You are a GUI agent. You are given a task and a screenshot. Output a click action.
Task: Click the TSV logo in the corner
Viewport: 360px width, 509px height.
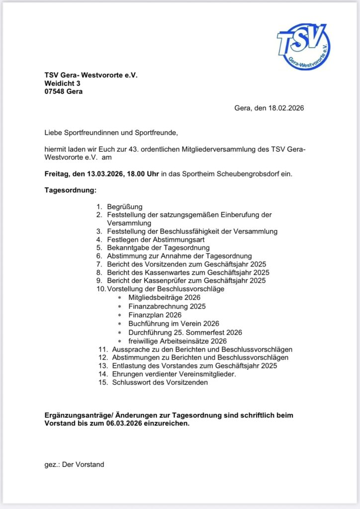pos(303,46)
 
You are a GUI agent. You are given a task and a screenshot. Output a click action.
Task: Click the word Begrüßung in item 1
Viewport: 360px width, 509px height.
pos(125,206)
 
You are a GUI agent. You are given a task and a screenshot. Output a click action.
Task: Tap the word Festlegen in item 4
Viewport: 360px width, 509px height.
pos(122,239)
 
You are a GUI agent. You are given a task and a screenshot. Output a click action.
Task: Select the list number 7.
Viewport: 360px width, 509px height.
pos(99,264)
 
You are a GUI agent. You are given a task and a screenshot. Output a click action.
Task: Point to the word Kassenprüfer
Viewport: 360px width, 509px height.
pos(159,280)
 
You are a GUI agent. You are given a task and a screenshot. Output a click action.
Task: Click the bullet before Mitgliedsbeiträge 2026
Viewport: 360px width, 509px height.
pos(119,298)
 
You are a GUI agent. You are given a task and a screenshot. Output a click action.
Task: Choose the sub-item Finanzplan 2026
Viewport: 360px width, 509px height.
pos(155,315)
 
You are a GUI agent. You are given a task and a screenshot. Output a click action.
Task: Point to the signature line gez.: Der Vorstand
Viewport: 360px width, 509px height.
pos(74,464)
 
